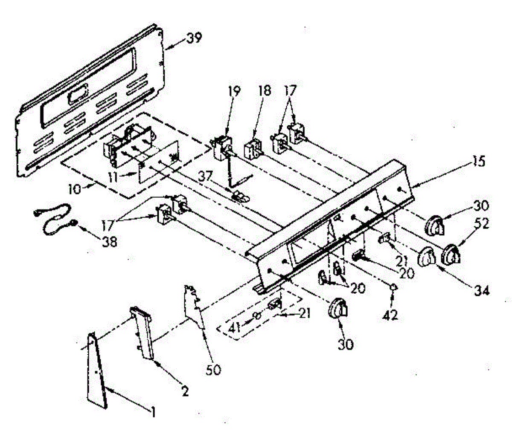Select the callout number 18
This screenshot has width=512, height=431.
point(265,92)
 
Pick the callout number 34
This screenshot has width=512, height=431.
point(481,291)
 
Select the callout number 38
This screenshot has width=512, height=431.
point(109,242)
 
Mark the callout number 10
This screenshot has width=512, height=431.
point(76,188)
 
